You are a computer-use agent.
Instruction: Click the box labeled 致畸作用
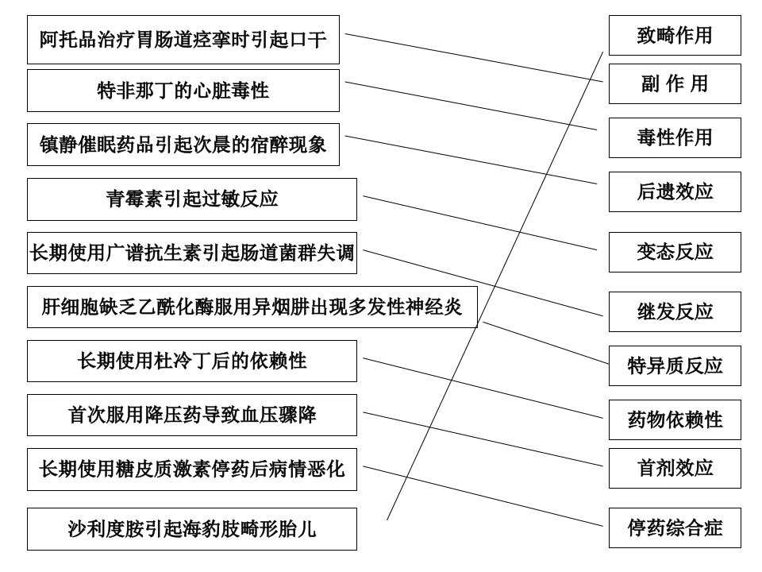tap(675, 36)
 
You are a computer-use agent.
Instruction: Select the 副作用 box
tap(675, 84)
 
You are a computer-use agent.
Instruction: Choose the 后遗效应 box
tap(675, 192)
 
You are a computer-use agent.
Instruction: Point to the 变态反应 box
tap(675, 253)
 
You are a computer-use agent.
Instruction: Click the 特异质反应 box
tap(675, 366)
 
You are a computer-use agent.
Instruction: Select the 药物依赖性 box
tap(675, 420)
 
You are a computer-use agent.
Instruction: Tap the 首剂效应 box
tap(675, 469)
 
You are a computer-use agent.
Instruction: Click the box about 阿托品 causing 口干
tap(183, 40)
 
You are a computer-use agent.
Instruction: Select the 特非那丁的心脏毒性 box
tap(183, 91)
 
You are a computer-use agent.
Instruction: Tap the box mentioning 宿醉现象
tap(183, 145)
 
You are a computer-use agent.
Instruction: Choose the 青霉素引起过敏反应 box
tap(192, 199)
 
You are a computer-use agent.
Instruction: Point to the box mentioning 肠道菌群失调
tap(192, 253)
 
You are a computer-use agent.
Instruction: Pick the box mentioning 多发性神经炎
tap(252, 307)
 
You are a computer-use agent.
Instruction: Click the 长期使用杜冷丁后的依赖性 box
tap(192, 361)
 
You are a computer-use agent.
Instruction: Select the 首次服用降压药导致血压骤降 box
tap(192, 415)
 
